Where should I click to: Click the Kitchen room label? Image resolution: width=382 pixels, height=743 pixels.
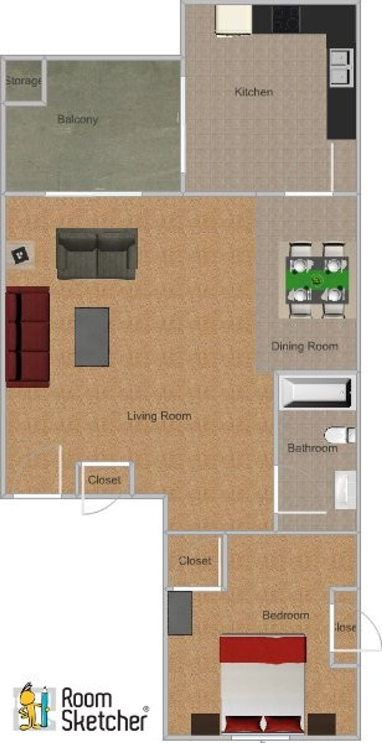(x=254, y=92)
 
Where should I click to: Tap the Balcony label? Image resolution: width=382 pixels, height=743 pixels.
(x=77, y=119)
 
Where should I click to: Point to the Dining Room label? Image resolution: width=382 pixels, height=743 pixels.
(x=304, y=346)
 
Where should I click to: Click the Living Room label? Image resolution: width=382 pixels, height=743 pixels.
(x=159, y=416)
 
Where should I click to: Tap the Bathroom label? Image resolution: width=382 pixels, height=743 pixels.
(x=312, y=448)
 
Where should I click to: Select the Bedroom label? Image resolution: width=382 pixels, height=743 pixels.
(x=286, y=615)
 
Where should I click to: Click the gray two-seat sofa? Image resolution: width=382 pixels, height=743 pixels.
(x=97, y=253)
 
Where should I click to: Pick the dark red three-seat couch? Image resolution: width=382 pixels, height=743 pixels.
(x=28, y=337)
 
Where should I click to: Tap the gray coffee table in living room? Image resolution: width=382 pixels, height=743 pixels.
(x=92, y=337)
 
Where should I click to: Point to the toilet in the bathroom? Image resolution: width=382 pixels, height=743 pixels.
(x=339, y=435)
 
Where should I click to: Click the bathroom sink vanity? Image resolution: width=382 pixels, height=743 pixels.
(x=345, y=490)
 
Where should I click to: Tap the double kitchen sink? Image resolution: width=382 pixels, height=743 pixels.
(x=341, y=68)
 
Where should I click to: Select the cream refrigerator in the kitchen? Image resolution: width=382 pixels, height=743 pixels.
(x=234, y=20)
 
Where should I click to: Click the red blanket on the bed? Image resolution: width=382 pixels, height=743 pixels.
(x=263, y=649)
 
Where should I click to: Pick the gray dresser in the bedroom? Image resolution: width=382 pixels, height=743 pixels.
(x=180, y=613)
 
